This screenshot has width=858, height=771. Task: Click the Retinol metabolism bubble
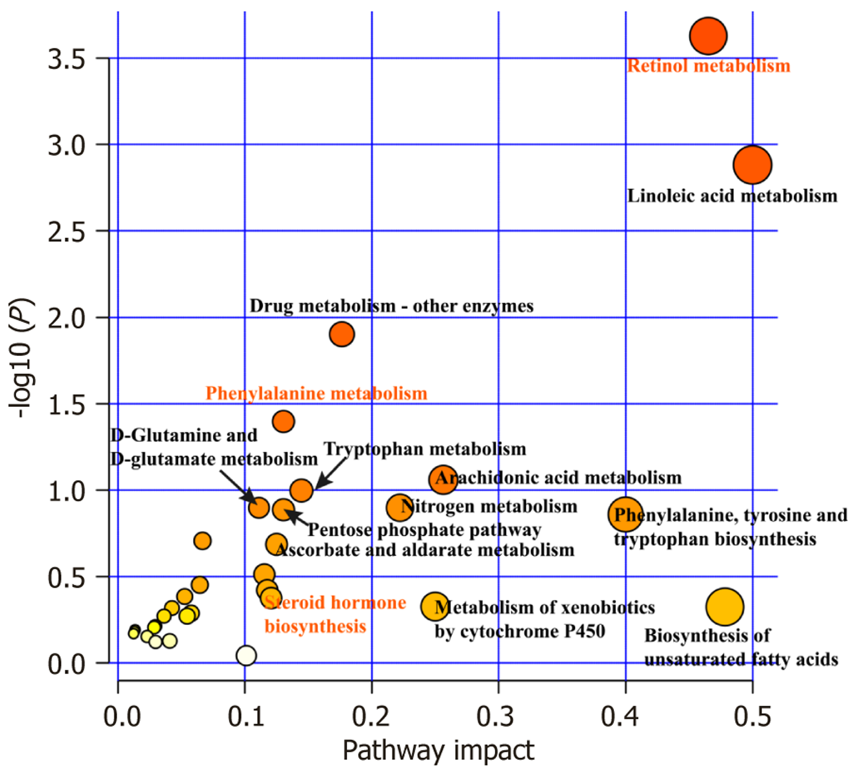pos(707,36)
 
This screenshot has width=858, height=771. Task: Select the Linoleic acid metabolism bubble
pos(752,165)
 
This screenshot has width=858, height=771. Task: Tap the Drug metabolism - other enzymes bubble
pos(341,334)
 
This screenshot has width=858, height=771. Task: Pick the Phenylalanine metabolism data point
pos(283,421)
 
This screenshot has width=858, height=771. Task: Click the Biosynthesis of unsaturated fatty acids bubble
pos(724,607)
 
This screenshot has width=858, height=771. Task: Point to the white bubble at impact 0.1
pos(246,655)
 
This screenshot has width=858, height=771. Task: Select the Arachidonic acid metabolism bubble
pos(443,479)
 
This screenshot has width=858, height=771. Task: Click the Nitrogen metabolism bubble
pos(400,508)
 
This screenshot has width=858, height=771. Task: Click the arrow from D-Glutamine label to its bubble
pos(237,486)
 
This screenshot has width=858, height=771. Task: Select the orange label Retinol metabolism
pos(708,66)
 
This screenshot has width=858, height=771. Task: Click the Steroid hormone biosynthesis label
pos(335,614)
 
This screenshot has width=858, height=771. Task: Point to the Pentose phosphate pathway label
pos(425,530)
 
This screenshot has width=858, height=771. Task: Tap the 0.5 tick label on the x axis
pos(752,716)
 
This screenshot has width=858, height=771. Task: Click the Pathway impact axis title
pos(438,750)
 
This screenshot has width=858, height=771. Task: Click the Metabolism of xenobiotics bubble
pos(435,606)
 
